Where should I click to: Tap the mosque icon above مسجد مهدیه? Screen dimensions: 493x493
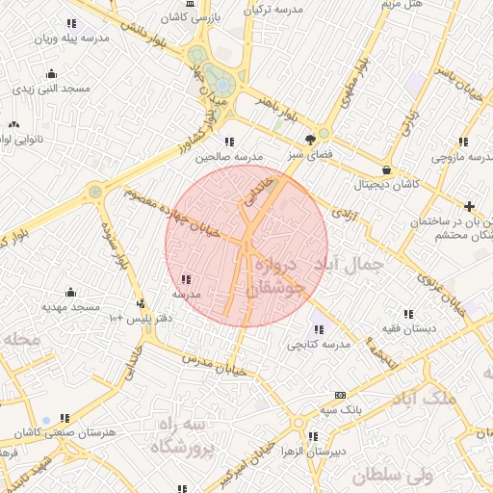coord(70,292)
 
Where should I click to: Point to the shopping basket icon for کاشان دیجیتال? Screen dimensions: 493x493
coord(386,169)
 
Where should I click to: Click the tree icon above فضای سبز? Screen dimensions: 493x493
coord(310,139)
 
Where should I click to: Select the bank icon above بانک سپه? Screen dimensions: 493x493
coord(339,395)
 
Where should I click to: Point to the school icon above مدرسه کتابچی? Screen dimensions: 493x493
coord(320,329)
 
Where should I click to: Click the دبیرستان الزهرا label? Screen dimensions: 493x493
coord(322,451)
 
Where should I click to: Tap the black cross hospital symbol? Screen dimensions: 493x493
coord(469,206)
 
